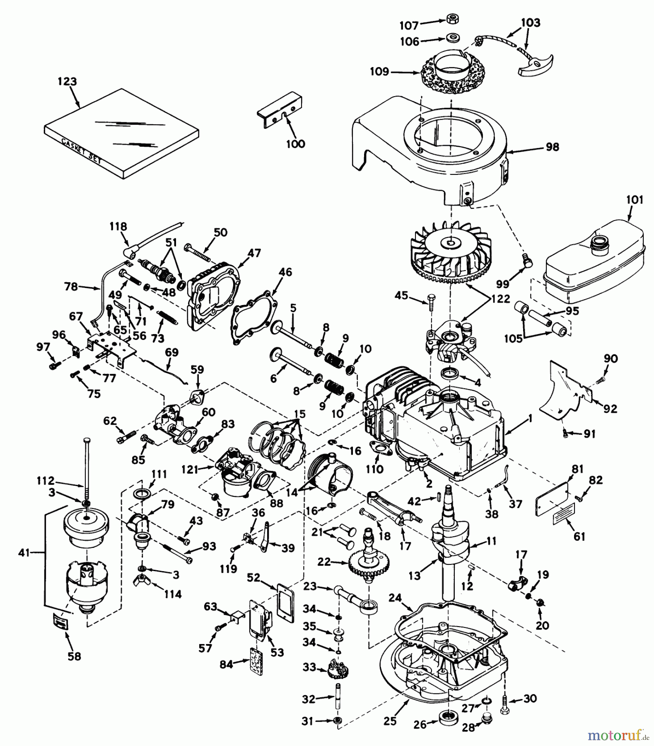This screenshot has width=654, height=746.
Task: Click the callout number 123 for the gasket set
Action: [68, 81]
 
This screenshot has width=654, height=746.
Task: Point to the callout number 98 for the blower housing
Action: [552, 147]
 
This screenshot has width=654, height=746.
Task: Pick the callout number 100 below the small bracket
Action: [295, 144]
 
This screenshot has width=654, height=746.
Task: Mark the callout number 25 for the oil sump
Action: [390, 721]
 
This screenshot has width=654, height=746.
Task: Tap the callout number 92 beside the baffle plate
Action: [610, 409]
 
